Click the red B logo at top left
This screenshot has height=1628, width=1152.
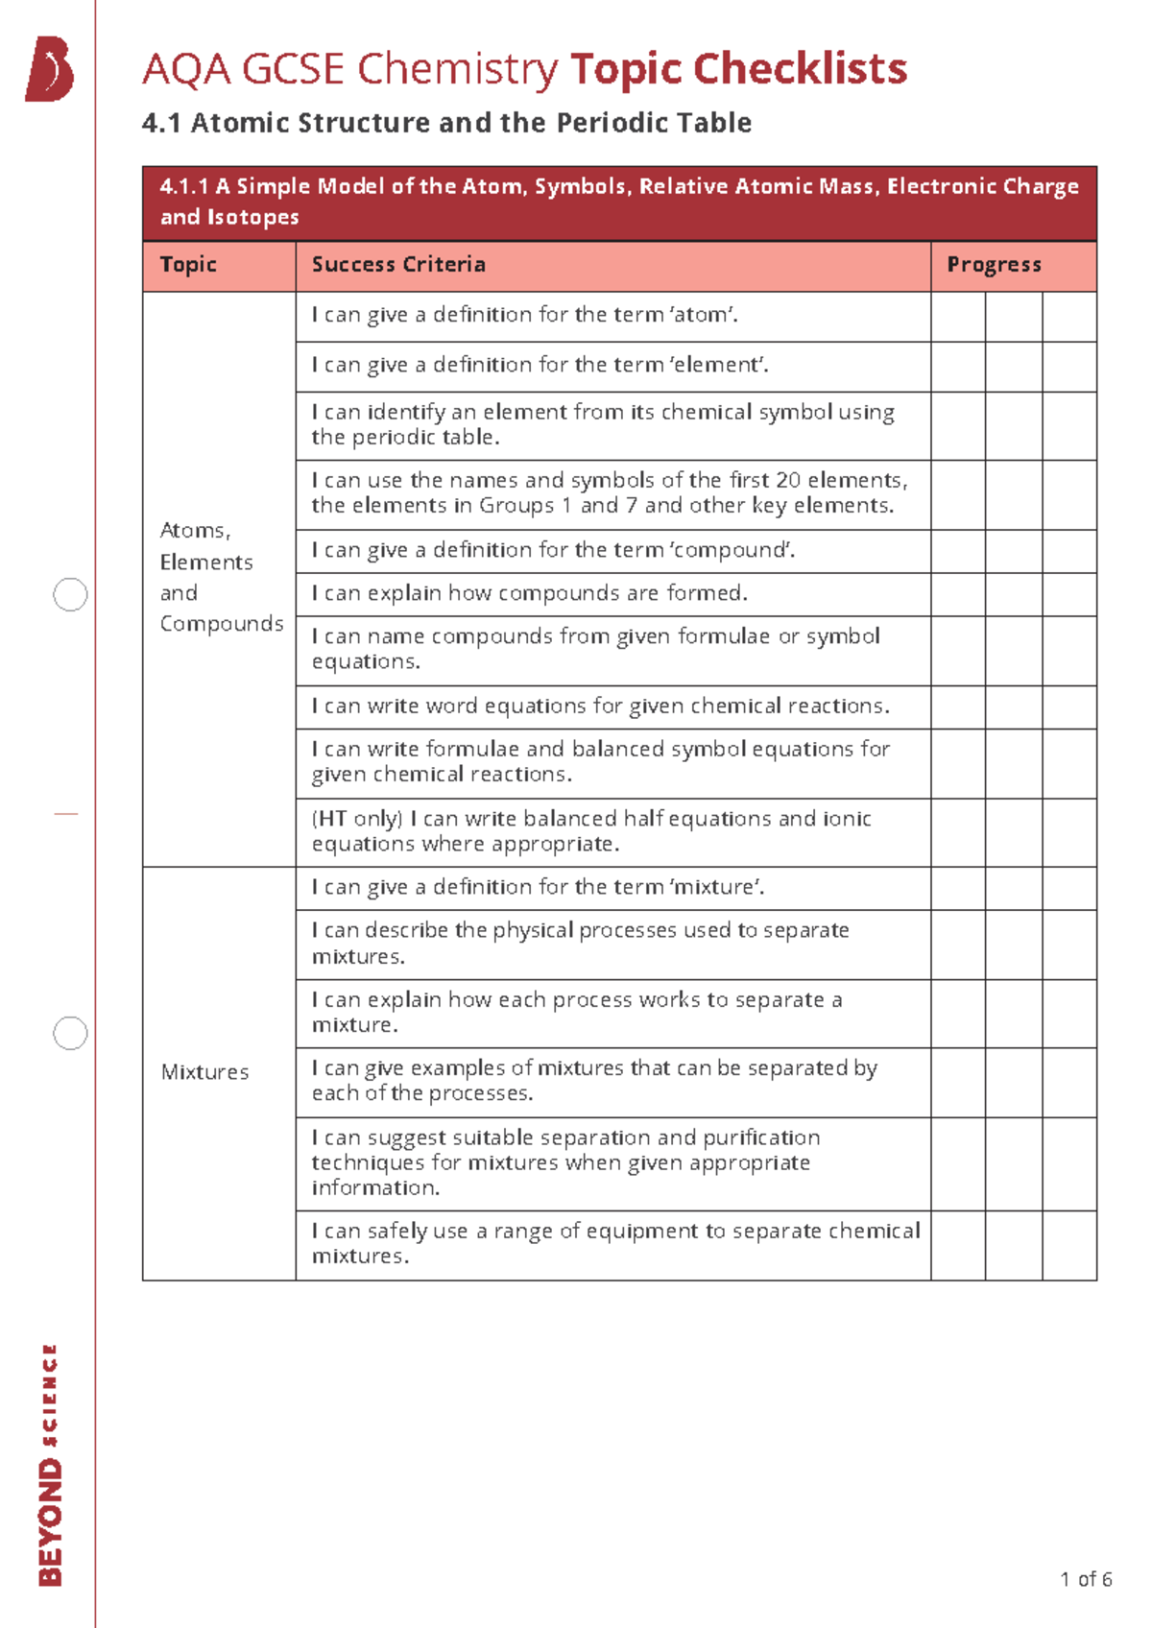click(50, 69)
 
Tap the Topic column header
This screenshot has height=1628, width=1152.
click(188, 265)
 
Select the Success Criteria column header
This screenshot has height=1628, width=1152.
click(398, 265)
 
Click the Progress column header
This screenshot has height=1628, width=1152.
click(994, 265)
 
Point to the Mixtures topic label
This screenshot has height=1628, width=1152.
click(204, 1072)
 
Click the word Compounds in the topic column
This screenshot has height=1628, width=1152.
click(222, 624)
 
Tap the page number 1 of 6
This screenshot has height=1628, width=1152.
click(1086, 1579)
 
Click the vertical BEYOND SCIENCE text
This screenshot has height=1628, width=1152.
click(51, 1464)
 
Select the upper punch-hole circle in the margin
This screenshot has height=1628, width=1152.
click(70, 595)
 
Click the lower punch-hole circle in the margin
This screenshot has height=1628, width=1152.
click(70, 1033)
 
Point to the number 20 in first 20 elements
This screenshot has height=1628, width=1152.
click(788, 480)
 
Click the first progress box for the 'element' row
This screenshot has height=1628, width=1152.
click(958, 367)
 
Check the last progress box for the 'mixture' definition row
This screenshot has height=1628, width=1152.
click(1068, 889)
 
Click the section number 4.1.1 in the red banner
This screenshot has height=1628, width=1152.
click(184, 186)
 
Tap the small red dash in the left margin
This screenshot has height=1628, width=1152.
click(65, 814)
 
